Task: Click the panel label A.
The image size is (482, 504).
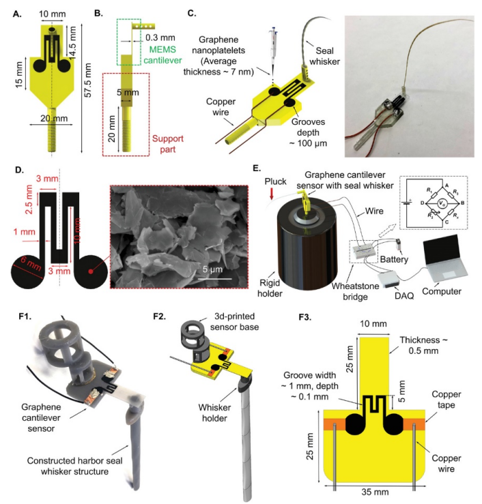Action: click(10, 12)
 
